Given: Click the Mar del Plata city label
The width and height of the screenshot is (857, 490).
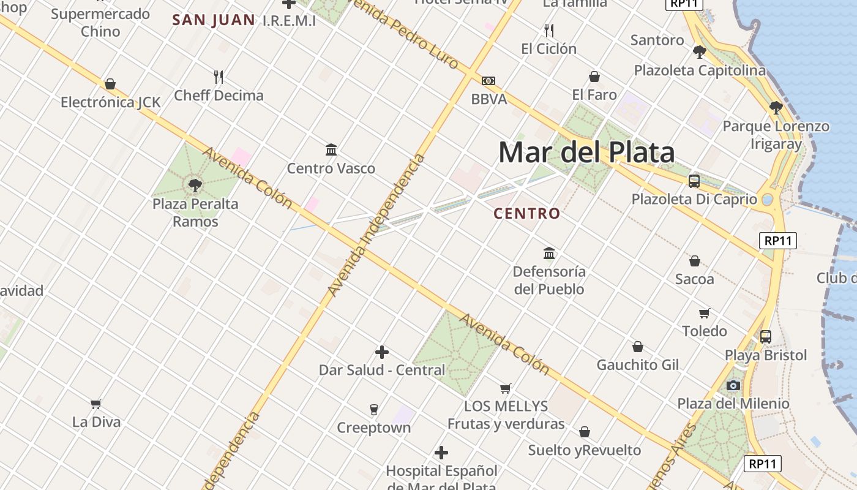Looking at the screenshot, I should (x=586, y=153).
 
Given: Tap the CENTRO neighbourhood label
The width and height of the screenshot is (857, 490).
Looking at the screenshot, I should (x=527, y=214).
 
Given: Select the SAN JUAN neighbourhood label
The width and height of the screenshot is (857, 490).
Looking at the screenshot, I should (x=214, y=20).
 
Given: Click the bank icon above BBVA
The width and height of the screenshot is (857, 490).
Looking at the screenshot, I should (x=488, y=81).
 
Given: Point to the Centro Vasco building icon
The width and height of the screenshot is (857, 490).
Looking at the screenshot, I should (x=331, y=149).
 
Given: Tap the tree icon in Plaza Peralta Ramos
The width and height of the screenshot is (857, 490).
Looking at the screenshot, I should (x=195, y=184).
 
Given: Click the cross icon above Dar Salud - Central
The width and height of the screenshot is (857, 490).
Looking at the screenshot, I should (x=382, y=352).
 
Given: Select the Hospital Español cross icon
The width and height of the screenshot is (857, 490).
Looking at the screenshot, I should (x=441, y=453).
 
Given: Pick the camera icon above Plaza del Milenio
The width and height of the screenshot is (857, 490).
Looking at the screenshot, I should (x=733, y=385).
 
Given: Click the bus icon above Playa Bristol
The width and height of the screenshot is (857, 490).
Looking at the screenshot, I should (x=766, y=336).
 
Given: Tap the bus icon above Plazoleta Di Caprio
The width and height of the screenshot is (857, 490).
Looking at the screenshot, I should (x=694, y=181).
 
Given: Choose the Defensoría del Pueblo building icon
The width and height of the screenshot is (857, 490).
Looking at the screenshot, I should (x=549, y=253).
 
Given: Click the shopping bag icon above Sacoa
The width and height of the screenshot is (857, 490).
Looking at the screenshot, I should (x=695, y=261).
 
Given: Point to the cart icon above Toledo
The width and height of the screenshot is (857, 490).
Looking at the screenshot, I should (x=705, y=313).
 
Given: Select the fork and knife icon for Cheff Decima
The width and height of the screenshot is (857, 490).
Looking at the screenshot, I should (x=219, y=77).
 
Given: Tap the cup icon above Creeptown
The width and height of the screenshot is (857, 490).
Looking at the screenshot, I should (x=373, y=409).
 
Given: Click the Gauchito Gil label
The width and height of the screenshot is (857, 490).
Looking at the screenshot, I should (x=638, y=365).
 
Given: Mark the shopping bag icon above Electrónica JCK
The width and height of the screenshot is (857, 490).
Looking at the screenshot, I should (x=110, y=84).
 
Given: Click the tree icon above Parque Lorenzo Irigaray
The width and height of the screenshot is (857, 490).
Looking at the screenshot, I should (x=776, y=108).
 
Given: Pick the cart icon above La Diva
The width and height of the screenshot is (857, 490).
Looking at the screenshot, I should (x=96, y=404).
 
